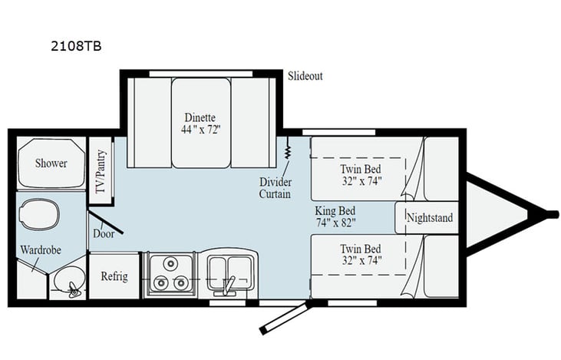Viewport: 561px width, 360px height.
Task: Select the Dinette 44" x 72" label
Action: tap(200, 123)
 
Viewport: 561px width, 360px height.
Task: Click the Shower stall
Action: tap(51, 163)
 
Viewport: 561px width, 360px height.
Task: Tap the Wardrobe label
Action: tap(41, 250)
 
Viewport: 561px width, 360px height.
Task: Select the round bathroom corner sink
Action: tap(69, 286)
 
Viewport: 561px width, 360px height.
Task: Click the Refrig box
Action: tap(113, 276)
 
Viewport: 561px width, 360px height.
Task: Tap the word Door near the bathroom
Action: tap(104, 233)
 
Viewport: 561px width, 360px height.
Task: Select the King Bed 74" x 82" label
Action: tap(335, 217)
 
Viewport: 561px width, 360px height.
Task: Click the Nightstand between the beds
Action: tap(428, 218)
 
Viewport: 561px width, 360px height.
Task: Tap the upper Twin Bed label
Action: tap(360, 174)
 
